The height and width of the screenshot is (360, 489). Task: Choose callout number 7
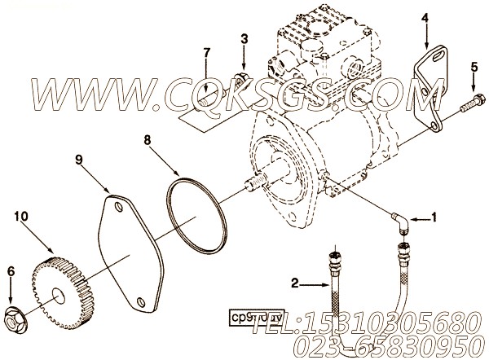pyautogui.click(x=206, y=53)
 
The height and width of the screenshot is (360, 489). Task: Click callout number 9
pyautogui.click(x=79, y=160)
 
